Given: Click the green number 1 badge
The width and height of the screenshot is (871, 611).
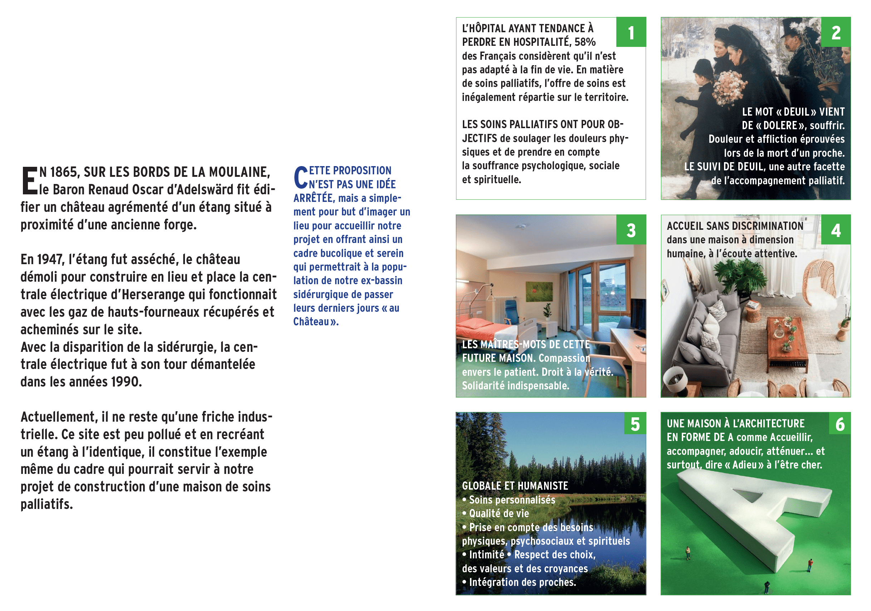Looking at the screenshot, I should (x=631, y=32).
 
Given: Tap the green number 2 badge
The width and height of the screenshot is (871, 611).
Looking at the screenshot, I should (x=836, y=32).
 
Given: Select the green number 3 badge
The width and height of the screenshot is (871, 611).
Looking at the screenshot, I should (x=631, y=230).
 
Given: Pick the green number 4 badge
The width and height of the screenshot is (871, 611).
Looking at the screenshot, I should (x=836, y=230).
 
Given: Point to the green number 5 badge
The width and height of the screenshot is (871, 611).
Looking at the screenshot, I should (x=635, y=424).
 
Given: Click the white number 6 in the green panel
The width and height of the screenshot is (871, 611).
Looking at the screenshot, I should (x=840, y=424).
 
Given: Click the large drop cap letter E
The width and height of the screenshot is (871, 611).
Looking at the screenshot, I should (x=29, y=181).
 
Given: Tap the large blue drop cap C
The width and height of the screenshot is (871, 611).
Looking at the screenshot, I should (x=300, y=177).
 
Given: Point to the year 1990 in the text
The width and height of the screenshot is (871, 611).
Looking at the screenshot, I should (x=125, y=382).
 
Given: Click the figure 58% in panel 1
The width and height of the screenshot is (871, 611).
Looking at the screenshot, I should (x=584, y=42).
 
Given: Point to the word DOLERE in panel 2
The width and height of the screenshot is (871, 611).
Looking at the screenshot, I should (x=781, y=126).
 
